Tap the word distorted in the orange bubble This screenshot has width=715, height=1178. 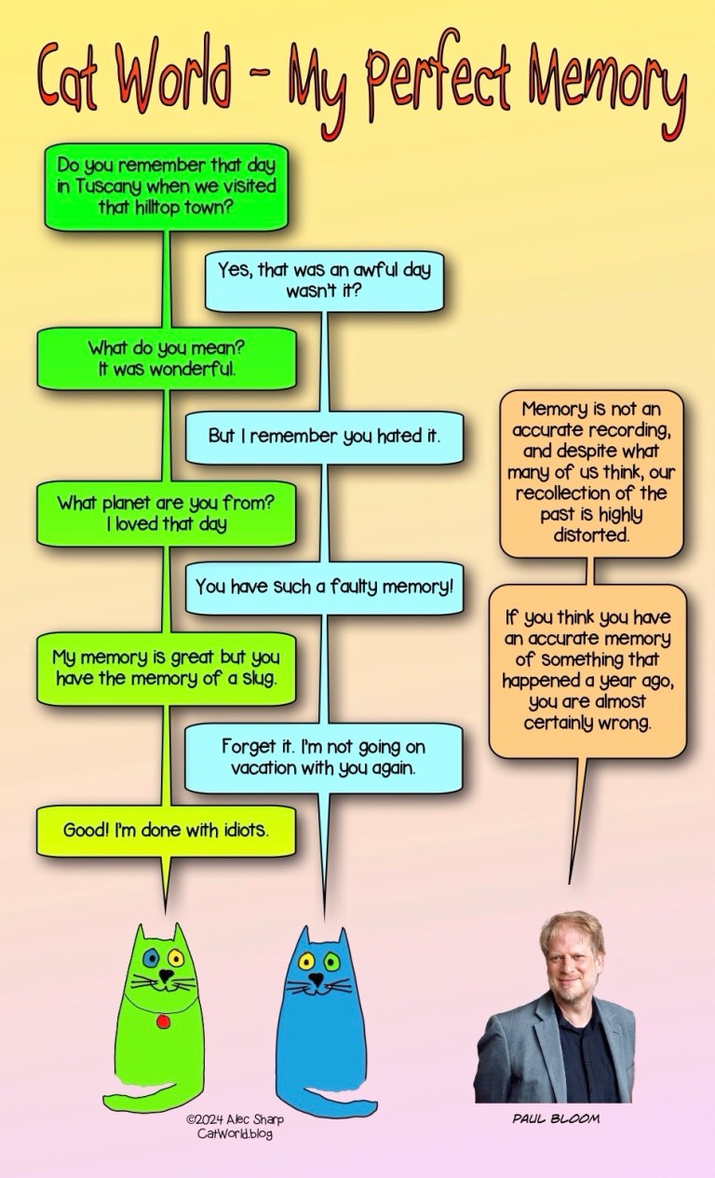tap(591, 536)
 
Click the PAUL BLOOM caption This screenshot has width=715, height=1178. tap(556, 1118)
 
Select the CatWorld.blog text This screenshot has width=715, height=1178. tap(235, 1133)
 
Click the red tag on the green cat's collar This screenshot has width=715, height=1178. tap(163, 1022)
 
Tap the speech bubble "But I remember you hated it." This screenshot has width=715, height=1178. tap(324, 436)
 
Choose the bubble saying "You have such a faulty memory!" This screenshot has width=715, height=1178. tap(324, 588)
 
